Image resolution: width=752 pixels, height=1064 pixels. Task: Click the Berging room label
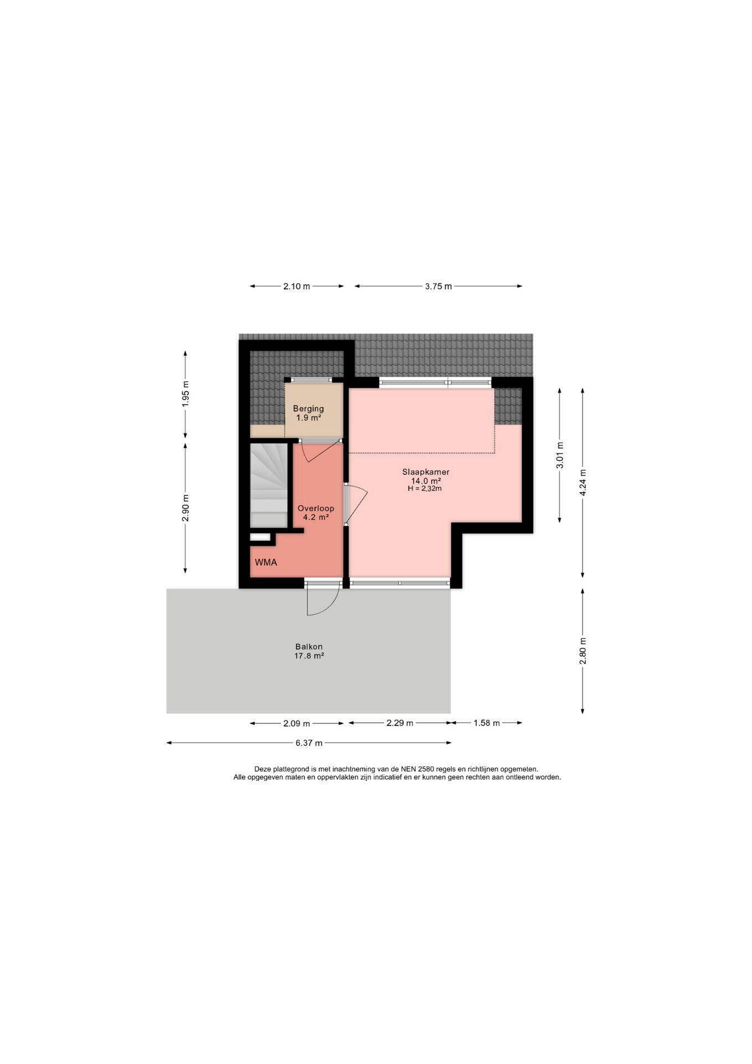click(x=308, y=409)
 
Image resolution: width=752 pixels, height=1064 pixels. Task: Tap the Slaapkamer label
click(x=425, y=472)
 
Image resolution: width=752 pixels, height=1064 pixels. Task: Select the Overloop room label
click(x=316, y=508)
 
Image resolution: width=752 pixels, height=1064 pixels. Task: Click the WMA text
click(x=266, y=562)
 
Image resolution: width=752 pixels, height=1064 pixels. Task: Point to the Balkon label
click(x=309, y=647)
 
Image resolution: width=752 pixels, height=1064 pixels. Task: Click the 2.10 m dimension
click(x=297, y=287)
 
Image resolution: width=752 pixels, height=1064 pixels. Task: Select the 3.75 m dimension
click(x=438, y=287)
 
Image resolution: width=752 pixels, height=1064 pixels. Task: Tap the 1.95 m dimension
click(x=186, y=394)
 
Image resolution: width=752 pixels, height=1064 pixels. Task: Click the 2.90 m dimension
click(x=186, y=508)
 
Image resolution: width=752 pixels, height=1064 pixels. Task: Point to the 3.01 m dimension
click(x=560, y=455)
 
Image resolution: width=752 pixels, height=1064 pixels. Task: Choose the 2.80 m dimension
click(x=583, y=651)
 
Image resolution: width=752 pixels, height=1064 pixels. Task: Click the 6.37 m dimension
click(x=309, y=743)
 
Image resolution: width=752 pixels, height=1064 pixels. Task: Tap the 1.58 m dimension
click(x=487, y=723)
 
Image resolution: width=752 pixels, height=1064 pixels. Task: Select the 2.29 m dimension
click(x=400, y=723)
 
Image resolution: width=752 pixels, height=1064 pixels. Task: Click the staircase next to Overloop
click(x=269, y=485)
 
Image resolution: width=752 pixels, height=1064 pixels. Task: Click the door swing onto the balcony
click(x=323, y=601)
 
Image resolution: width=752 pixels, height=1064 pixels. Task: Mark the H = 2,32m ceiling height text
click(x=425, y=489)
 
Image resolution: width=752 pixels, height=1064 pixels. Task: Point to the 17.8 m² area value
click(x=309, y=656)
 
